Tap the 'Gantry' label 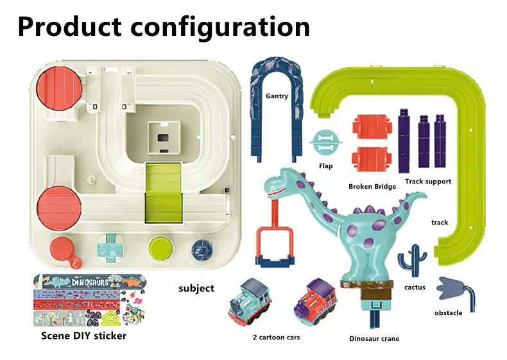(x=277, y=96)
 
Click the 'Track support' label (x=427, y=182)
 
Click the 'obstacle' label (x=448, y=313)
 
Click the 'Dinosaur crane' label (x=374, y=338)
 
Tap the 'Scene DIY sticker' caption (x=83, y=336)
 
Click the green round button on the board (x=159, y=248)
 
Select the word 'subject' (x=196, y=288)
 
